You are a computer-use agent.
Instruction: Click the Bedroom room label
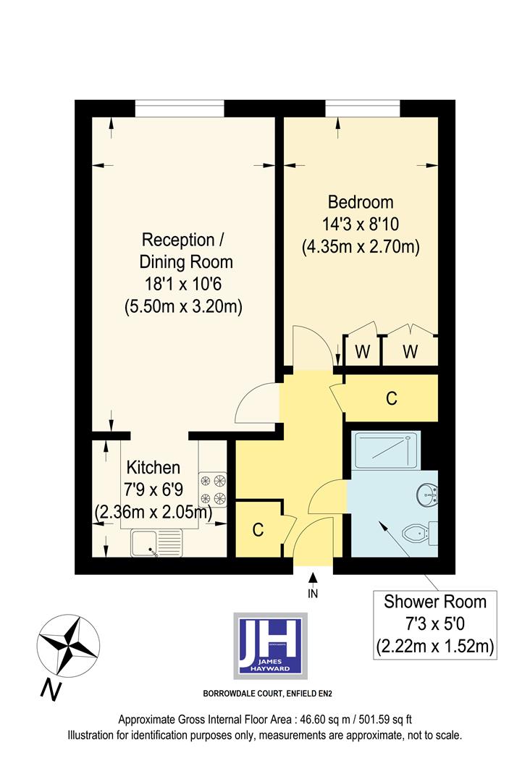pyautogui.click(x=361, y=201)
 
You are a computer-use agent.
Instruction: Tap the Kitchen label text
pyautogui.click(x=153, y=467)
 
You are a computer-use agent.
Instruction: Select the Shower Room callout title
pyautogui.click(x=434, y=601)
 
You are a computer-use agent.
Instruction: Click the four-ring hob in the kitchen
pyautogui.click(x=213, y=489)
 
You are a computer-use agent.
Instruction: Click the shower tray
pyautogui.click(x=385, y=452)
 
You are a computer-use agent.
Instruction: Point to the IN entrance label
pyautogui.click(x=313, y=594)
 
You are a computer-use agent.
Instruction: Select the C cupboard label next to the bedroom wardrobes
pyautogui.click(x=391, y=398)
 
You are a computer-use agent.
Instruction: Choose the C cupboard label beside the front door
pyautogui.click(x=258, y=529)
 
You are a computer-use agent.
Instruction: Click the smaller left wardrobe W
pyautogui.click(x=363, y=353)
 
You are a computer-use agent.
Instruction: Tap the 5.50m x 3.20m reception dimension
pyautogui.click(x=182, y=306)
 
